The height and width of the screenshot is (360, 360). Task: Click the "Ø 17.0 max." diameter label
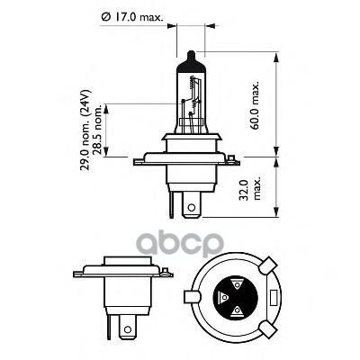pos(132,18)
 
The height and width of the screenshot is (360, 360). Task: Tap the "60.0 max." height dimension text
pos(255,105)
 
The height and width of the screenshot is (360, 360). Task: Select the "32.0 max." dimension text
pos(249,190)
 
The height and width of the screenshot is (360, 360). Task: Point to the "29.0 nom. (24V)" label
pos(85,130)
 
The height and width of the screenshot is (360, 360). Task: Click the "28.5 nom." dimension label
pos(97,130)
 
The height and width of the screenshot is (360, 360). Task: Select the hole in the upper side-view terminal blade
pos(191,208)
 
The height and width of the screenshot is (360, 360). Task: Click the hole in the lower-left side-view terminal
pos(128,329)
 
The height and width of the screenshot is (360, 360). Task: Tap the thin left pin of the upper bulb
pos(171,205)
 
